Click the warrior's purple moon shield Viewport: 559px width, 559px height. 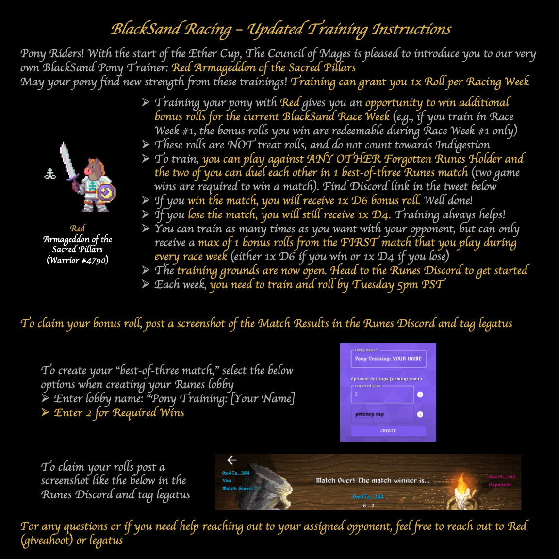[106, 193]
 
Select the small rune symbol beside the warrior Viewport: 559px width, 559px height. [50, 174]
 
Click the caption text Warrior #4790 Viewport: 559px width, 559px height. [78, 260]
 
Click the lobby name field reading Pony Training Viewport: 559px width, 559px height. [388, 359]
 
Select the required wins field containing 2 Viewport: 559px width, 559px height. [382, 395]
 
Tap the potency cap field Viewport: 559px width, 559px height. [382, 414]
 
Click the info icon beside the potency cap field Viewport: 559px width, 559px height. [420, 414]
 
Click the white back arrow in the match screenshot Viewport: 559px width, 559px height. [232, 460]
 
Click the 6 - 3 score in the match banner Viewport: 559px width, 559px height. [368, 506]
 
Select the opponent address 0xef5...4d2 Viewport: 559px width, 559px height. [502, 477]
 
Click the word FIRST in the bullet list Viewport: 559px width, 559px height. [359, 242]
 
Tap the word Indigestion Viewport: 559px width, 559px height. [462, 145]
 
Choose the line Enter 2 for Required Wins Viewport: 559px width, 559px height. [119, 412]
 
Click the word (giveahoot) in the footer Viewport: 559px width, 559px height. [47, 540]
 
